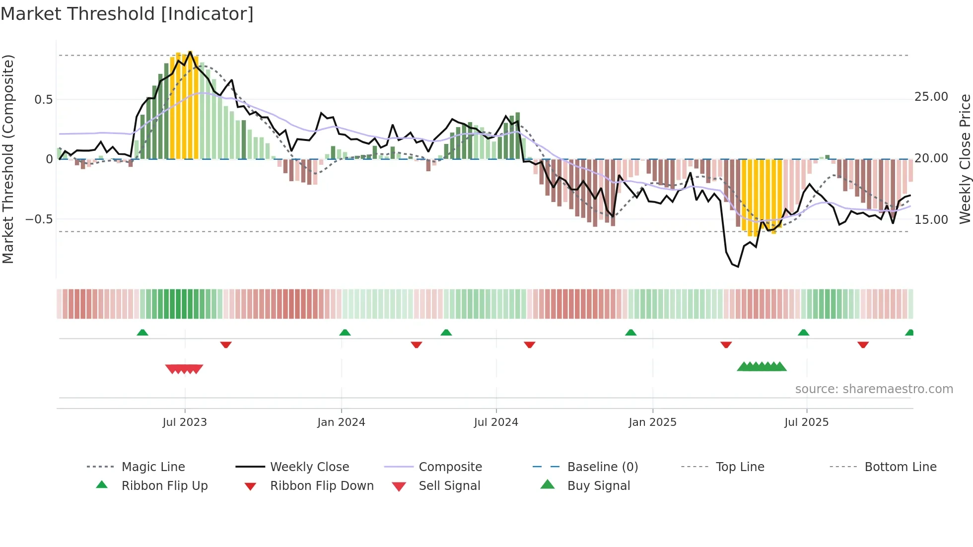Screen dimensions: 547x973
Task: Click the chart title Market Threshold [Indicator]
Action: click(x=127, y=14)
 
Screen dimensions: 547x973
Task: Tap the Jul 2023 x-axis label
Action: click(x=185, y=422)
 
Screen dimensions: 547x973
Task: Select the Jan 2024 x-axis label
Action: click(x=341, y=422)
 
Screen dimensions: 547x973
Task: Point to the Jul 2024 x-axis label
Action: click(x=496, y=422)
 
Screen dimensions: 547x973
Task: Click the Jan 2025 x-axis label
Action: click(x=652, y=422)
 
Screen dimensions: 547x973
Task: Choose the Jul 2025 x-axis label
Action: click(x=807, y=422)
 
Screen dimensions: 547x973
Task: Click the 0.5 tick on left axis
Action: click(x=43, y=100)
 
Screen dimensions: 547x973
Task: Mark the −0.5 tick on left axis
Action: click(x=39, y=219)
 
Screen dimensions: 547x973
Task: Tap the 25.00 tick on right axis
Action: click(x=931, y=97)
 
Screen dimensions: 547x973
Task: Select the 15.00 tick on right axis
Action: click(x=931, y=220)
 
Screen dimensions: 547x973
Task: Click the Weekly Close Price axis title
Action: click(x=965, y=159)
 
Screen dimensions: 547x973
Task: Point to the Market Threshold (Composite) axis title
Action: click(x=8, y=159)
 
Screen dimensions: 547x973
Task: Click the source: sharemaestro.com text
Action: click(x=874, y=389)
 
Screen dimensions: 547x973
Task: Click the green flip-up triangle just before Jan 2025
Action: click(x=630, y=333)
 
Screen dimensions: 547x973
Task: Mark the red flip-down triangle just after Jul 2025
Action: click(x=863, y=344)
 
